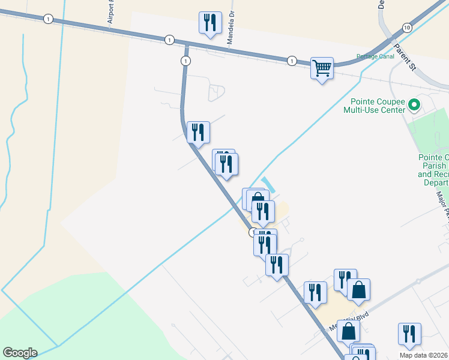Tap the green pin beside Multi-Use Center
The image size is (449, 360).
pyautogui.click(x=414, y=106)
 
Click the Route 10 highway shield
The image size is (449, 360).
pyautogui.click(x=407, y=28)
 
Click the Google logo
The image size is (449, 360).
pyautogui.click(x=20, y=353)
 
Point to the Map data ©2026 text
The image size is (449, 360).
pyautogui.click(x=423, y=355)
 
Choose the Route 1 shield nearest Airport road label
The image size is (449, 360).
pyautogui.click(x=48, y=19)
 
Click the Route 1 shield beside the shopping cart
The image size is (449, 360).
pyautogui.click(x=292, y=61)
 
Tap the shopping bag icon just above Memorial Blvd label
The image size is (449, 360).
pyautogui.click(x=358, y=290)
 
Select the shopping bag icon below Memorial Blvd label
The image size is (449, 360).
pyautogui.click(x=348, y=331)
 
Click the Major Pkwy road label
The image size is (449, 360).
pyautogui.click(x=443, y=206)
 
